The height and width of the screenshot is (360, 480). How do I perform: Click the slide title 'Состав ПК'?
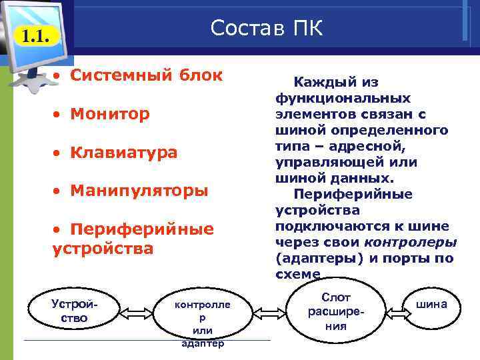click(x=266, y=29)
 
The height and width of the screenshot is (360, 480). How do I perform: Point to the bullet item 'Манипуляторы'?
click(x=140, y=191)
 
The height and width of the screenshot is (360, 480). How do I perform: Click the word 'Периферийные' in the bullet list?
click(x=143, y=229)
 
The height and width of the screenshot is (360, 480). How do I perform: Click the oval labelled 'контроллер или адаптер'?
click(x=202, y=319)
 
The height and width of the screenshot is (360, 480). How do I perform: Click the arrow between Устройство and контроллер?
click(x=137, y=312)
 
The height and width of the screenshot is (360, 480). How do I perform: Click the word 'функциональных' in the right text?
click(x=343, y=98)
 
